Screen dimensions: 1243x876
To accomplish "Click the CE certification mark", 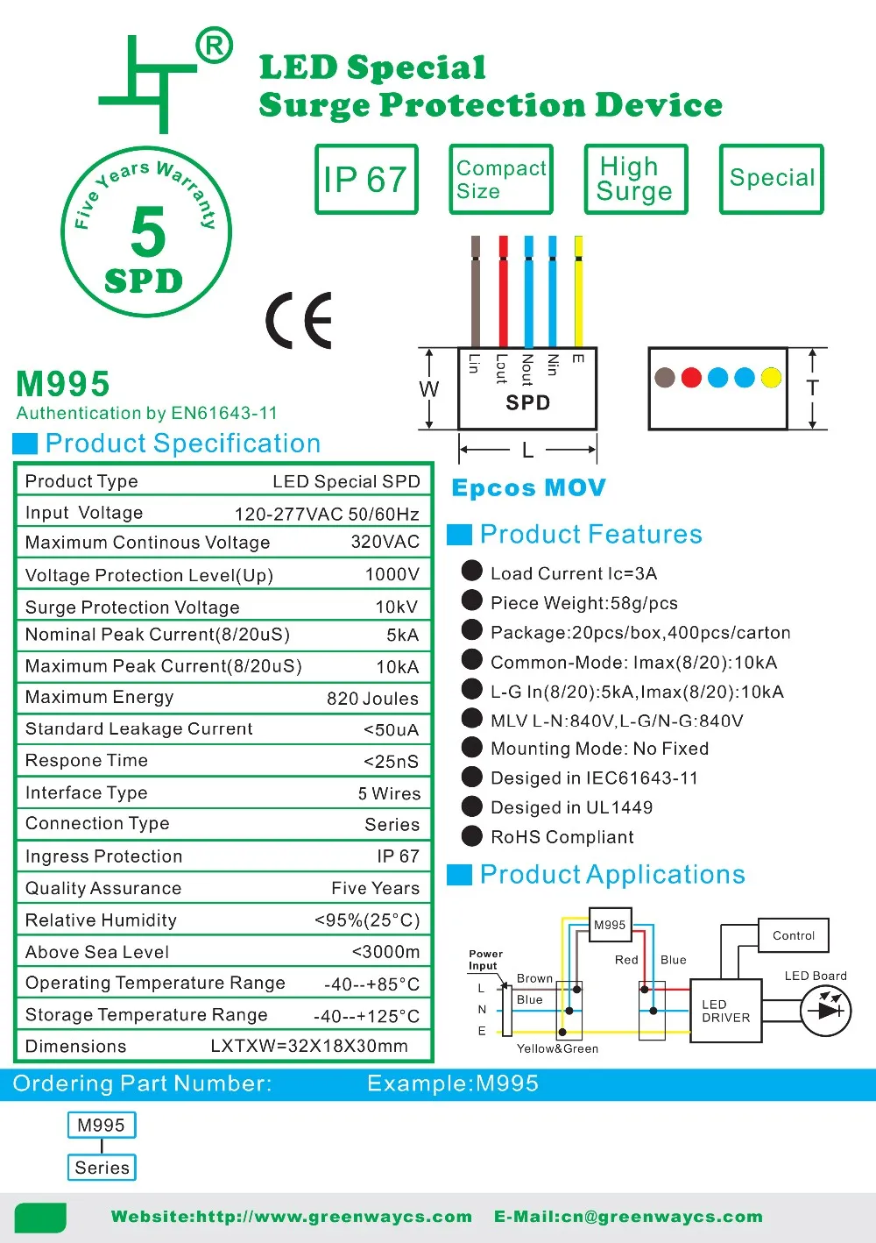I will click(299, 320).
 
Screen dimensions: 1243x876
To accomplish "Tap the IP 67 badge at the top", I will click(366, 180).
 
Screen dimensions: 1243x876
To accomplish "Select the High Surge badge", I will click(635, 180).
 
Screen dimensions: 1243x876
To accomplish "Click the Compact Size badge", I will click(501, 180).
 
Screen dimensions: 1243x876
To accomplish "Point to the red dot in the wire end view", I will click(691, 378).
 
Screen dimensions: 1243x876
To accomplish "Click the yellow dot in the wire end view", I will click(771, 378).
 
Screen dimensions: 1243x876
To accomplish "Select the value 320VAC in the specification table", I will click(385, 542).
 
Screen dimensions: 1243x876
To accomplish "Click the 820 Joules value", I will click(372, 699).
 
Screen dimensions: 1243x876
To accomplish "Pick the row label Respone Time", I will click(87, 761).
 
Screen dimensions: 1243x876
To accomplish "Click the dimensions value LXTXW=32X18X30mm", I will click(309, 1047).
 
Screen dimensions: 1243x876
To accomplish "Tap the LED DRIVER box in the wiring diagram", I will click(726, 1011).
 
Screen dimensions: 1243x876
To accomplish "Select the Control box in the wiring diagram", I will click(794, 935).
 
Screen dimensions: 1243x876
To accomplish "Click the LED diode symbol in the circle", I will click(826, 1011).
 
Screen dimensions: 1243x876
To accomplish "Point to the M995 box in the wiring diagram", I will click(610, 925).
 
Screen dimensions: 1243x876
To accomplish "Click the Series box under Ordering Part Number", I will click(102, 1168).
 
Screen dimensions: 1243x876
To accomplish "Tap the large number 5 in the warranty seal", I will click(147, 231).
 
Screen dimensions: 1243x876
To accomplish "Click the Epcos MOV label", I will click(528, 488).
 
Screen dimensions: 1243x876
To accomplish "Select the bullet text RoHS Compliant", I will click(562, 837).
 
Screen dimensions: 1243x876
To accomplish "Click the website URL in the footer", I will click(292, 1217).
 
